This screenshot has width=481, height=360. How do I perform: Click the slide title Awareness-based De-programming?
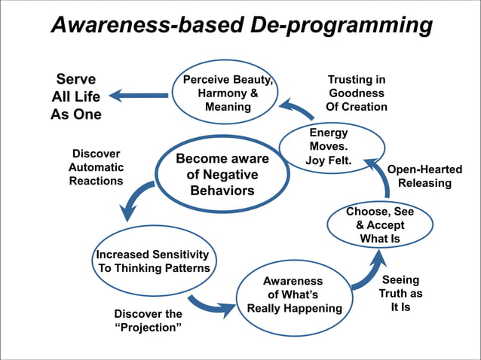click(240, 26)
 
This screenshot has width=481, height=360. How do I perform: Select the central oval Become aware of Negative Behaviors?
click(222, 174)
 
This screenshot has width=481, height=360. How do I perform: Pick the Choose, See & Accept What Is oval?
click(380, 225)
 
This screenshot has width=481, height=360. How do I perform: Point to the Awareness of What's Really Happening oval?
click(294, 294)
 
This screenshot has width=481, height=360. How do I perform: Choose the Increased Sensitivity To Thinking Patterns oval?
click(153, 260)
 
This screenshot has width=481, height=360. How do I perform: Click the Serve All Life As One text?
click(76, 96)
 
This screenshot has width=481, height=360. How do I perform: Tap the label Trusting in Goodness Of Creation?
click(357, 93)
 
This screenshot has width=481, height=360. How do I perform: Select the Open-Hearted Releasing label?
click(424, 176)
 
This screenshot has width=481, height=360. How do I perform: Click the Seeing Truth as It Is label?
click(400, 294)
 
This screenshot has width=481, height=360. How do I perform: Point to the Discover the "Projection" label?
click(148, 321)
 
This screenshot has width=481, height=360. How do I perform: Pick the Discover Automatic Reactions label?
click(96, 167)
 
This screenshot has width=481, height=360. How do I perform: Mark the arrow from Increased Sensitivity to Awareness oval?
click(209, 305)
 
